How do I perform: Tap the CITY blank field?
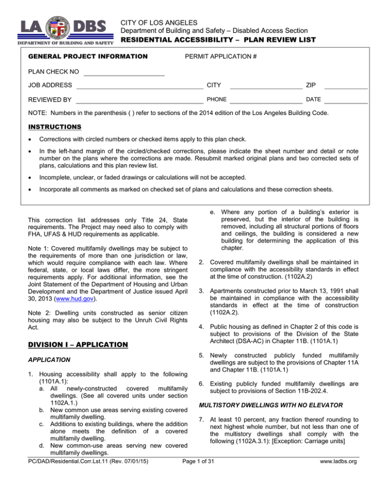click(x=266, y=86)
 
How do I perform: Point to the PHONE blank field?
click(x=266, y=100)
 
